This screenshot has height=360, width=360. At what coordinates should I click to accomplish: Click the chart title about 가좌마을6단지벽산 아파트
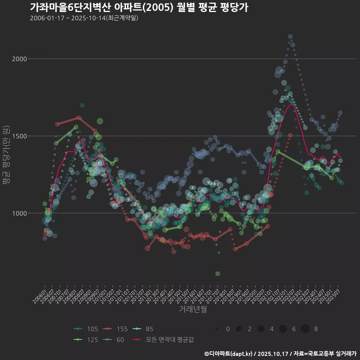[x=139, y=7]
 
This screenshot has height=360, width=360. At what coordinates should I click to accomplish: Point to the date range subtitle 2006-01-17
[x=84, y=18]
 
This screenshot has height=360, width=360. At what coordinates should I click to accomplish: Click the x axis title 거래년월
[x=193, y=309]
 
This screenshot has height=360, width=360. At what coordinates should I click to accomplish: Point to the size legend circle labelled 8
[x=305, y=329]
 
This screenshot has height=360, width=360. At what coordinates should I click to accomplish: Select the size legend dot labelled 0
[x=217, y=329]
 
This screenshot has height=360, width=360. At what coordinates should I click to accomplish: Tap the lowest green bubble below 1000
[x=217, y=274]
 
